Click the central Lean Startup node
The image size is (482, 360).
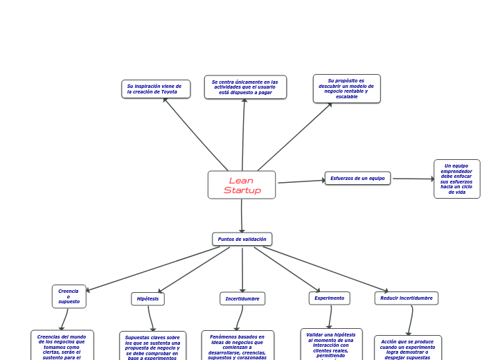tap(241, 185)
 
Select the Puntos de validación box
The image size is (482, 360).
tap(242, 239)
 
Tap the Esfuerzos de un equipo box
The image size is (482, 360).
tap(357, 178)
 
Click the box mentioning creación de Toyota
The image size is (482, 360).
tap(156, 89)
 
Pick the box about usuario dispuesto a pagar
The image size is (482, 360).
tap(245, 87)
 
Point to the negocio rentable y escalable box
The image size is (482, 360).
tap(346, 89)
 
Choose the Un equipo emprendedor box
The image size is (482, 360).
tap(456, 179)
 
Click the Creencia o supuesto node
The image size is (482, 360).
tap(69, 296)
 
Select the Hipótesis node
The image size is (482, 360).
tap(148, 298)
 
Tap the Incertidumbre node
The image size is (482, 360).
tap(242, 298)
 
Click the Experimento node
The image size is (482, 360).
tap(329, 298)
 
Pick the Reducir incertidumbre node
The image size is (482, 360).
tap(407, 298)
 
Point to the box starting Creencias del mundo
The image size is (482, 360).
tap(62, 345)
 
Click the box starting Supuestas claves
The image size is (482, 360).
tap(152, 346)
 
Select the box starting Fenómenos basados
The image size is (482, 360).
tap(238, 346)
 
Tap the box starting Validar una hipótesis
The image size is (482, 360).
tap(331, 344)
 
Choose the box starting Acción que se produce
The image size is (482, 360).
tap(408, 348)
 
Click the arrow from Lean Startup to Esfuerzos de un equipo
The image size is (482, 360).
tap(301, 181)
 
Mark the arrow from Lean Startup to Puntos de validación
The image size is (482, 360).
tap(242, 215)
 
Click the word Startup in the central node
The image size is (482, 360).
tap(242, 190)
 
